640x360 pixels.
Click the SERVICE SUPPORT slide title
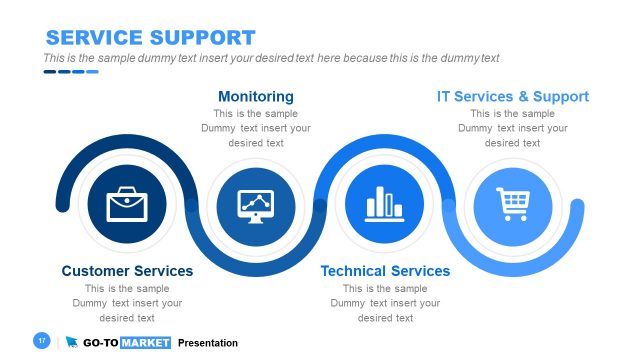pos(150,38)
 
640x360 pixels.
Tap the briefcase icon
pos(127,205)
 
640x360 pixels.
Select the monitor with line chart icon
pos(256,205)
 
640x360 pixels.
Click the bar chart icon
pos(385,205)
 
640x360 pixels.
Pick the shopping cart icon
pos(513,205)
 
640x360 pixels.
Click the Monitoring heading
pos(256,97)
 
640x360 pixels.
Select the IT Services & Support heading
pos(513,97)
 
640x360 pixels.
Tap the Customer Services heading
pos(127,271)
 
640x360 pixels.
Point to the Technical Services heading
pos(385,271)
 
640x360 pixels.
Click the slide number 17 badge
pos(42,341)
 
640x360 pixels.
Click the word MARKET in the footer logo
pos(146,343)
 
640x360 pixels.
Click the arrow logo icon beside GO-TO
pos(72,343)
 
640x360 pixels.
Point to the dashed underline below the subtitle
pos(70,72)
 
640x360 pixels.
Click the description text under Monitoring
pos(256,128)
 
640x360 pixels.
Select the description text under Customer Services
pos(127,303)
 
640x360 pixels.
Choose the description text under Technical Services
pos(385,303)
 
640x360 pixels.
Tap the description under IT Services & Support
pos(513,128)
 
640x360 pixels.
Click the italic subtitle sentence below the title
pos(271,58)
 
